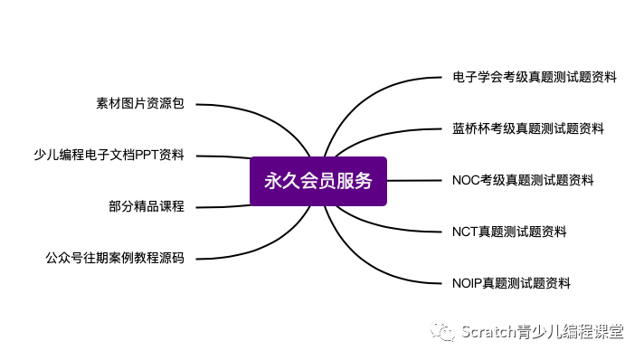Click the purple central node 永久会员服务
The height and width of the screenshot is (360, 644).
coord(317,181)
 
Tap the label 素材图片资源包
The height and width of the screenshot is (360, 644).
coord(139,103)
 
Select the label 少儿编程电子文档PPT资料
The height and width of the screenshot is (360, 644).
coord(108,155)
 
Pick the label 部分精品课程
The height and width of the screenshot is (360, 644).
coord(146,206)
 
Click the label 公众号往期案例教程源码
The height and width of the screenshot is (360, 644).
coord(114,258)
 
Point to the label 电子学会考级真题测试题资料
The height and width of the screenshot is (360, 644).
coord(534,78)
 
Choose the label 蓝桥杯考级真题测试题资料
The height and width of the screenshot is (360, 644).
coord(527,128)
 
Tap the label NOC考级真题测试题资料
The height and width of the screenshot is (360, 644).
coord(523,180)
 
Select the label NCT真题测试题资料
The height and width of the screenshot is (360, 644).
coord(509,232)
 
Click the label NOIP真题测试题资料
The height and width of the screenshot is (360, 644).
coord(511,283)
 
